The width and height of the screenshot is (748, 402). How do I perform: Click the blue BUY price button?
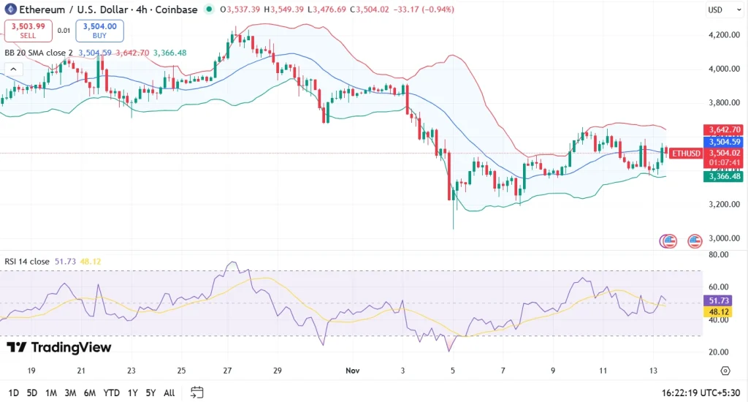pos(99,30)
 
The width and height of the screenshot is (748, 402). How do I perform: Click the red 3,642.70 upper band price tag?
pos(723,129)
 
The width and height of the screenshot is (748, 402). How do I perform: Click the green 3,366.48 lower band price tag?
pos(723,176)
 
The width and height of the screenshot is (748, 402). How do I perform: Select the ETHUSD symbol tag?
pos(685,153)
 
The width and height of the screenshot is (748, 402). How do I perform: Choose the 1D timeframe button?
pos(13,392)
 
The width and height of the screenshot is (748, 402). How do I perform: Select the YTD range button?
pos(112,392)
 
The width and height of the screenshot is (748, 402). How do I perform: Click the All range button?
pos(169,392)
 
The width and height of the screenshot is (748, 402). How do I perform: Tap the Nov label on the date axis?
pos(353,371)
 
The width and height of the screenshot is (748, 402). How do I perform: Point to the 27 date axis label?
pos(228,371)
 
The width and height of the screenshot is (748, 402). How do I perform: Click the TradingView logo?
pos(59,347)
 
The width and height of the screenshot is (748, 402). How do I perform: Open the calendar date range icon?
pos(196,392)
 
